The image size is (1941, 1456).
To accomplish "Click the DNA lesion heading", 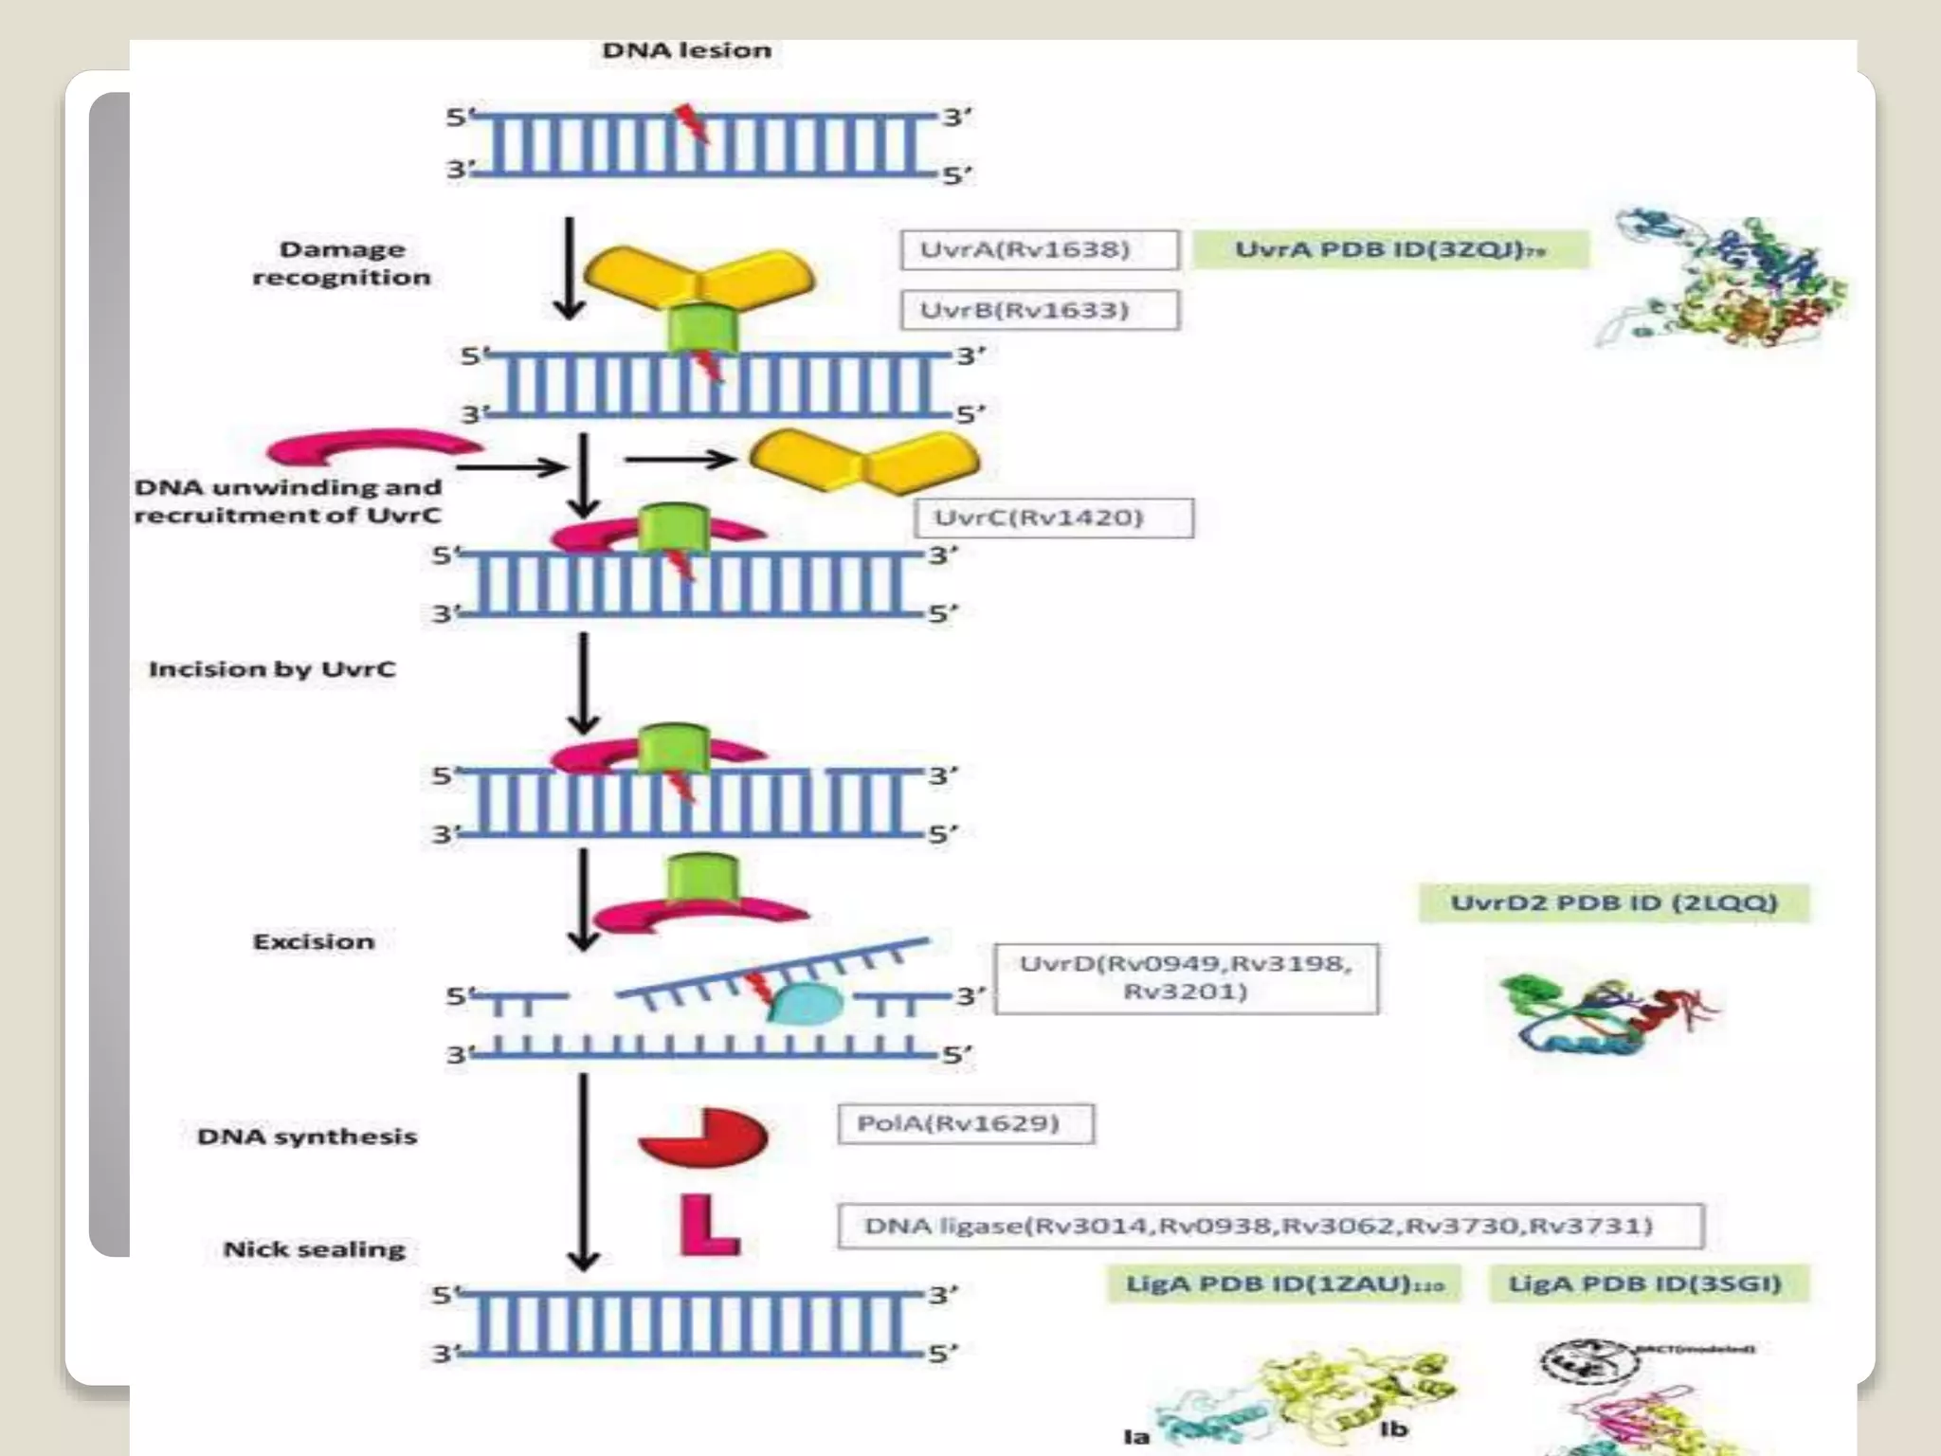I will coord(686,50).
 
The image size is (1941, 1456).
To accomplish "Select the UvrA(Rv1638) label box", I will coord(1039,250).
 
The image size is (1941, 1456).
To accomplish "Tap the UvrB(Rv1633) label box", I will coord(1039,310).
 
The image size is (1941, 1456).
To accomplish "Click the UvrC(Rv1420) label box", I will coord(1053,518).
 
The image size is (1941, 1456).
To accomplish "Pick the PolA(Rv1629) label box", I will coord(965,1123).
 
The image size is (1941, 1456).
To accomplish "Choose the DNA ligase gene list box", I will coord(1270,1226).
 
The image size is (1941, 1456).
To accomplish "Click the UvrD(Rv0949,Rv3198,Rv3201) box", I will coord(1186,978).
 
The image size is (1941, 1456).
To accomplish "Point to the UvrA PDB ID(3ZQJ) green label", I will coord(1388,250).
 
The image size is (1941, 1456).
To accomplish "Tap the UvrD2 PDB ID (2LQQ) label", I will coord(1613,902).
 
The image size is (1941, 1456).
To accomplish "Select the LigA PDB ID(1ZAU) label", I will coord(1283,1284).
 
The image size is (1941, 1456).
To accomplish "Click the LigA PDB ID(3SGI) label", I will coord(1647,1284).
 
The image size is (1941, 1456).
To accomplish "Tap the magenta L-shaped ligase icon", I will coord(707,1227).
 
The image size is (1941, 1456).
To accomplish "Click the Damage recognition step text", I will coord(341,264).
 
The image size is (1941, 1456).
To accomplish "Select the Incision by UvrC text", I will coord(271,669).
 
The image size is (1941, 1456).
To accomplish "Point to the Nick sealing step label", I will coord(314,1249).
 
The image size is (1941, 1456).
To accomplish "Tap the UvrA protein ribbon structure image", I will coord(1720,280).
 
